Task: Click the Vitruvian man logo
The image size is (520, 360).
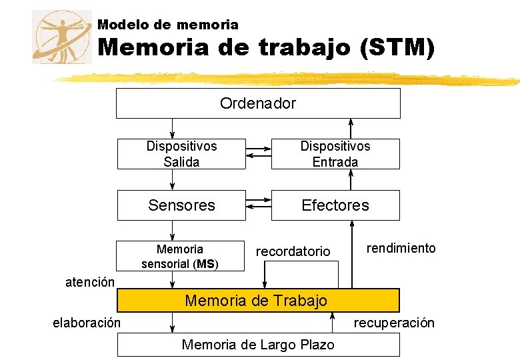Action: [61, 37]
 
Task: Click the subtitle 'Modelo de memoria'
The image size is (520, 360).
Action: [167, 25]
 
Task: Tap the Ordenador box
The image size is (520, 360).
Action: [258, 103]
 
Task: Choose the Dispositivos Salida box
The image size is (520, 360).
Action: [181, 154]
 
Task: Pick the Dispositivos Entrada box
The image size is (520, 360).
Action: [335, 154]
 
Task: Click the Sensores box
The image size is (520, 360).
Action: [181, 205]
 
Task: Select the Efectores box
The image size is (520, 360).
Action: [335, 205]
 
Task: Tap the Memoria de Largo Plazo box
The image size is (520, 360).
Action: [258, 345]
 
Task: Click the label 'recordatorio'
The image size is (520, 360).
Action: [293, 251]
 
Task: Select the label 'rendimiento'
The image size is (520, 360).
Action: [401, 248]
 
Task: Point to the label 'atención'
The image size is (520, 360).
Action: [89, 282]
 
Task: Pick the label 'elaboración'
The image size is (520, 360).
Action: [87, 323]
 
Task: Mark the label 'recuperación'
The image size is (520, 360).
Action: [393, 323]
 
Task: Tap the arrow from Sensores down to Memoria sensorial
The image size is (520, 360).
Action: [173, 230]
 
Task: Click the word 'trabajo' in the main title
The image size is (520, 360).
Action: [304, 48]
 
